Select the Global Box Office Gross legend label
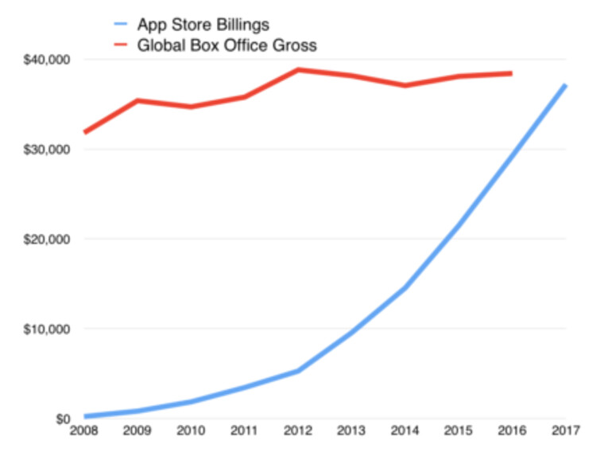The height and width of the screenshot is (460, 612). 227,45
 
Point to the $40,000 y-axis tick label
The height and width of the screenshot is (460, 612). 48,60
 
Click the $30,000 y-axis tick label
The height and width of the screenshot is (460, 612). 48,150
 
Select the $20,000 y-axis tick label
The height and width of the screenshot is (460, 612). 48,240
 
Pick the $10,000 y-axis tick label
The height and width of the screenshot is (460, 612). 48,329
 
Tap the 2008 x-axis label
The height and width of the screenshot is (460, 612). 83,432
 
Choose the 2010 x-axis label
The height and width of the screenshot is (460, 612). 191,432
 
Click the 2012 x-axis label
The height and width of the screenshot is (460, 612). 297,432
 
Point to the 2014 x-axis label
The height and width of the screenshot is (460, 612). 405,432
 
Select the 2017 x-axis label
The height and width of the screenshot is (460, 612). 564,432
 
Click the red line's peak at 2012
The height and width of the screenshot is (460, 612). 298,69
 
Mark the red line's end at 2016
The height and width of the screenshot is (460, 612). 510,73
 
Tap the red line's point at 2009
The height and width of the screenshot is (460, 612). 138,100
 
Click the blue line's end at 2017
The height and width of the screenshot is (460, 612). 564,85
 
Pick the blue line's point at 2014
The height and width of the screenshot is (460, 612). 405,288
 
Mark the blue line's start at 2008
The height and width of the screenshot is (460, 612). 84,416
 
